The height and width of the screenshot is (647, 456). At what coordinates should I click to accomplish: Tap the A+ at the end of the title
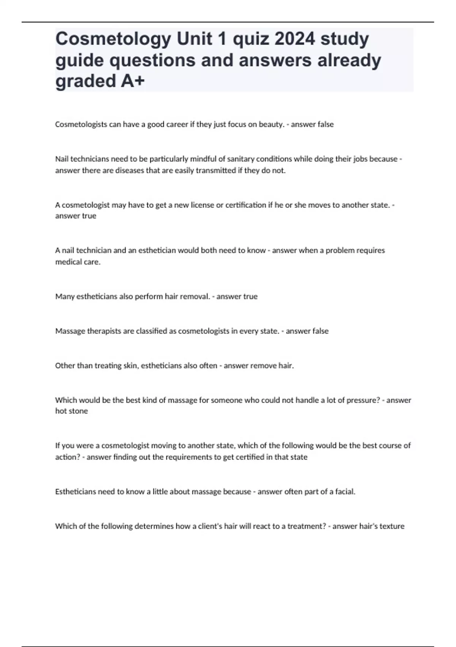coord(133,81)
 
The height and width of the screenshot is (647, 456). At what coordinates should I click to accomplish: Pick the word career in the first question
coord(176,124)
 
